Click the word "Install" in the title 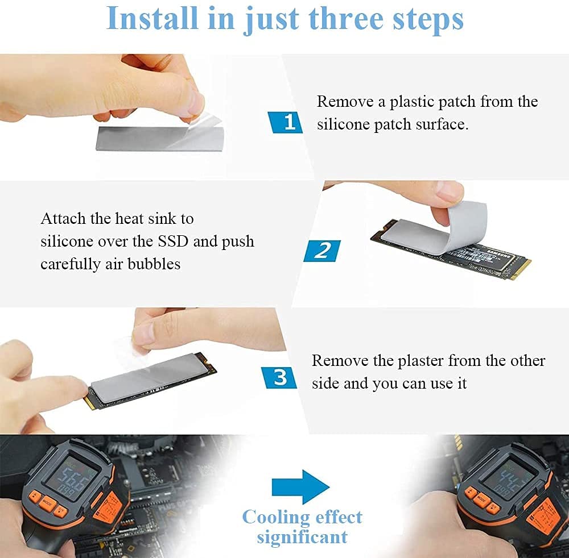point(152,18)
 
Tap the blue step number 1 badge point(285,122)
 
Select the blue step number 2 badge point(322,251)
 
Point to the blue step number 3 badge point(279,377)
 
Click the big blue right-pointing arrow point(300,487)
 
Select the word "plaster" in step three point(420,361)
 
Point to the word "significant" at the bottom point(302,536)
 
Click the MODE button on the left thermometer point(47,502)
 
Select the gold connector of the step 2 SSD point(521,269)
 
